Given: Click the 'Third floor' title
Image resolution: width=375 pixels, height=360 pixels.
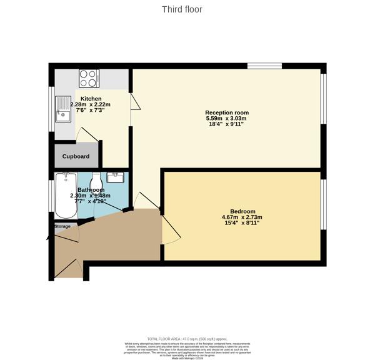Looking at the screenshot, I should point(182,9).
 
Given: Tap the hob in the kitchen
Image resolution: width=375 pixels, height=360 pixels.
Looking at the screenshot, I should point(89,78).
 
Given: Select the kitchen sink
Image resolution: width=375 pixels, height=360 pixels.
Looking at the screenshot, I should point(64,109).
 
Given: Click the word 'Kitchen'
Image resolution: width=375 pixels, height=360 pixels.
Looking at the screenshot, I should point(91,98).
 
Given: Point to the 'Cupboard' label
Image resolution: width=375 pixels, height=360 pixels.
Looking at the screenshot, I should point(76,156).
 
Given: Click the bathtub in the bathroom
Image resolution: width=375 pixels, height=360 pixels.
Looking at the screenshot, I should point(65,194).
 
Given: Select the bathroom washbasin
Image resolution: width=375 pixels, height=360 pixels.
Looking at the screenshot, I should point(116,177).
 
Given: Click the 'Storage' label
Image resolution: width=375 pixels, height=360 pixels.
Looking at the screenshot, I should point(62,226).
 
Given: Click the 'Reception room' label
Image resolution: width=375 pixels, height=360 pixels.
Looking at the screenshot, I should point(227,112).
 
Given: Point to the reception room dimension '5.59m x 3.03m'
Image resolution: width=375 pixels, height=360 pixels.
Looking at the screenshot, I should point(227,119).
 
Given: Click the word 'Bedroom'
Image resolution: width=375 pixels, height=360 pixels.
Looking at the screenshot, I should point(242,211).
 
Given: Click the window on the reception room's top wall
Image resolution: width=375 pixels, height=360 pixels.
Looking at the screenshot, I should point(264,66).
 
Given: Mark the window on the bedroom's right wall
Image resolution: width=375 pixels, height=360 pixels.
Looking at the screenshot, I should point(324,205).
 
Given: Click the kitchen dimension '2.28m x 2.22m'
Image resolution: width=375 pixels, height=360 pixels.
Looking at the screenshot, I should point(91,104).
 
